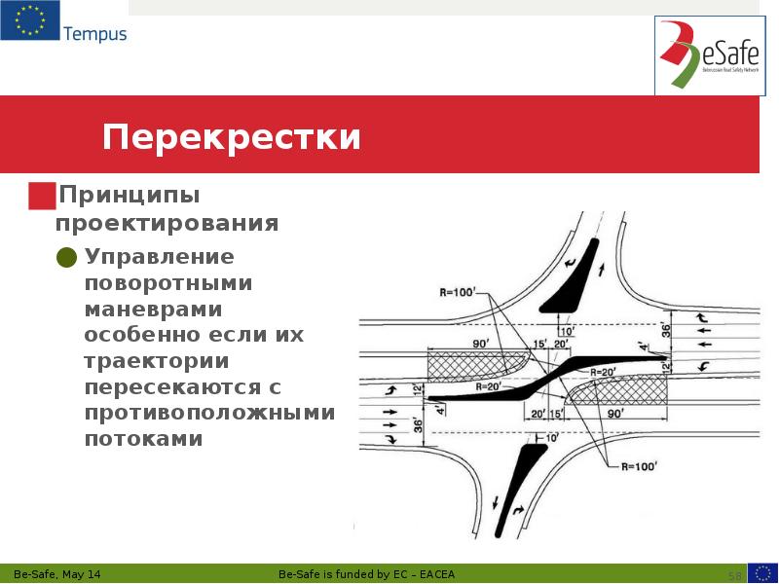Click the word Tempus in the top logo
(x=94, y=34)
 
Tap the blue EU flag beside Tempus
(x=29, y=20)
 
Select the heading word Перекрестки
(x=232, y=136)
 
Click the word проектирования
(x=167, y=223)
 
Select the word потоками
(x=143, y=438)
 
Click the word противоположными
(x=208, y=413)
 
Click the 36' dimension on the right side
(x=667, y=330)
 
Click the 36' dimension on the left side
(x=419, y=424)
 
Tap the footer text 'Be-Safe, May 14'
(x=69, y=573)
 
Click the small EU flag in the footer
(x=761, y=572)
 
